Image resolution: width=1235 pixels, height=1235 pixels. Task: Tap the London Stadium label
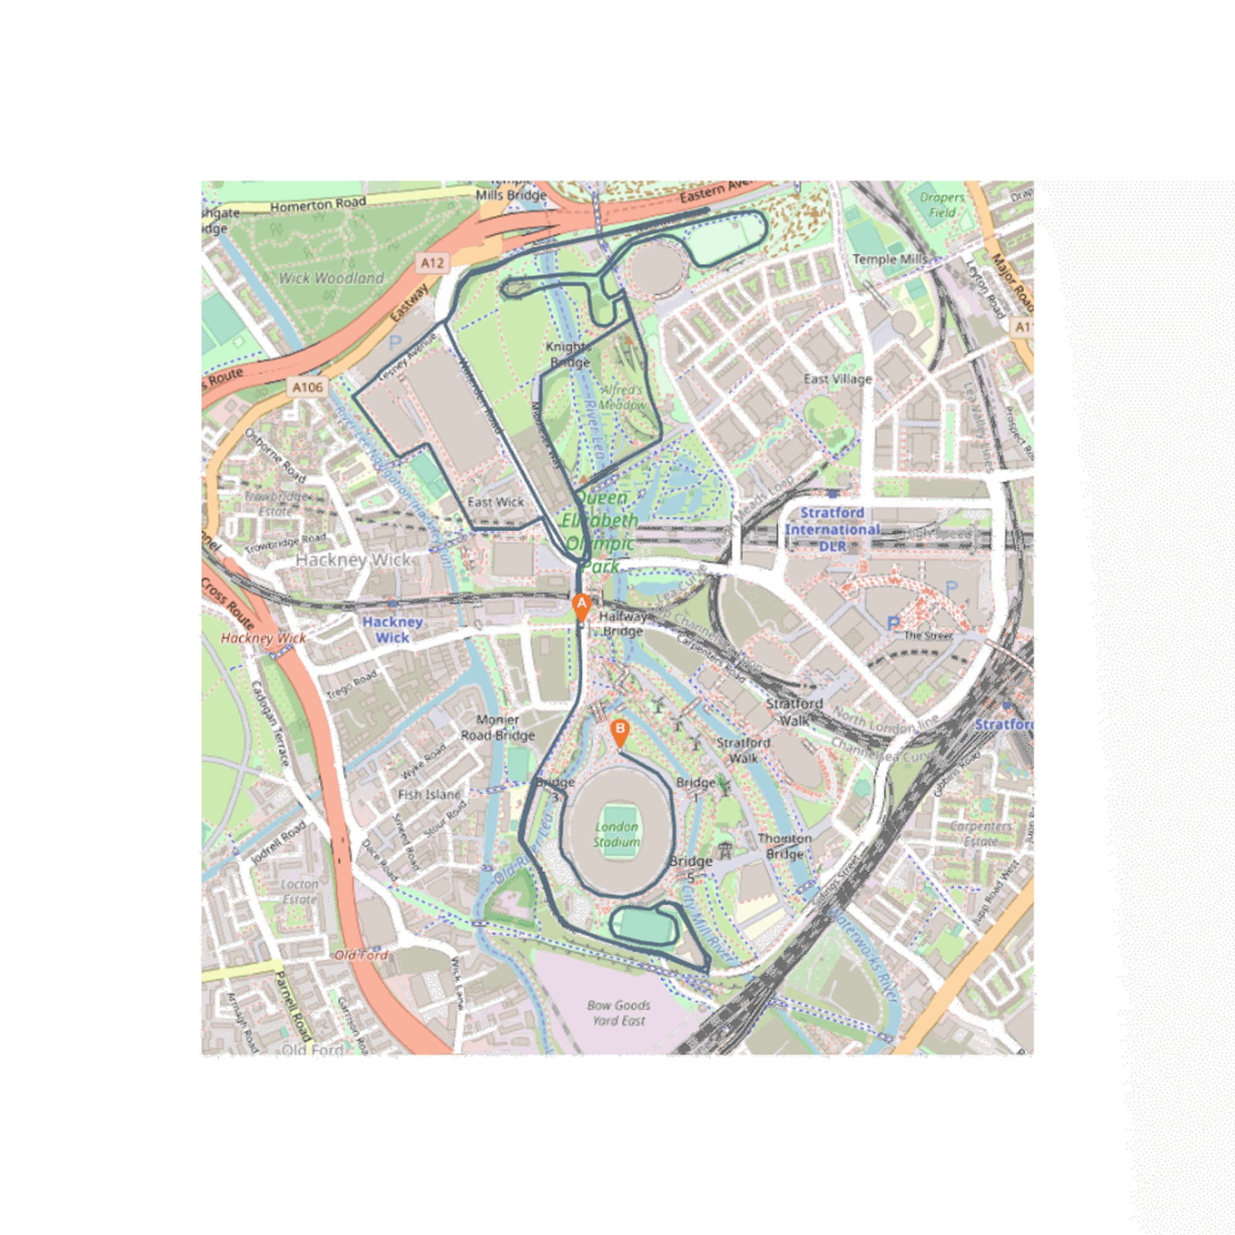[x=616, y=834]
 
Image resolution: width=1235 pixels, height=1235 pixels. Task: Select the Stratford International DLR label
[x=832, y=529]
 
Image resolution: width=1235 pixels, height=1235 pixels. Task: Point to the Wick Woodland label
[x=331, y=278]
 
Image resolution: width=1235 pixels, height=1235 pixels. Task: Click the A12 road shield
[x=432, y=262]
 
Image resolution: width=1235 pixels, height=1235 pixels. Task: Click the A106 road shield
[x=308, y=387]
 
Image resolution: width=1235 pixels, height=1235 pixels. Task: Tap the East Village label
[x=837, y=379]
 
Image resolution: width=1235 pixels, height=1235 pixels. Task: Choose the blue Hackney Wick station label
[x=392, y=629]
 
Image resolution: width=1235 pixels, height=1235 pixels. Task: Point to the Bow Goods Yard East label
[x=618, y=1013]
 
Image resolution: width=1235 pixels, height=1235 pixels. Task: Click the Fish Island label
[x=429, y=795]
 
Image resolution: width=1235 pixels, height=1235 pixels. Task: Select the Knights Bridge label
[x=569, y=354]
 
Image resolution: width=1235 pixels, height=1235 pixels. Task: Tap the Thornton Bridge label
[x=784, y=846]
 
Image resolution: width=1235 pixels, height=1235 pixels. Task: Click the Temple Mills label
[x=889, y=259]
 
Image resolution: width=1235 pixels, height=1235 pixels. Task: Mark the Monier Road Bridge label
[x=497, y=727]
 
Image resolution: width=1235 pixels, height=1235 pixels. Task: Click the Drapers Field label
[x=941, y=204]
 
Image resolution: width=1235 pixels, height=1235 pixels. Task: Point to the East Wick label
[x=495, y=502]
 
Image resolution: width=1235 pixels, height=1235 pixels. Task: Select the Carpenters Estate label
[x=981, y=834]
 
